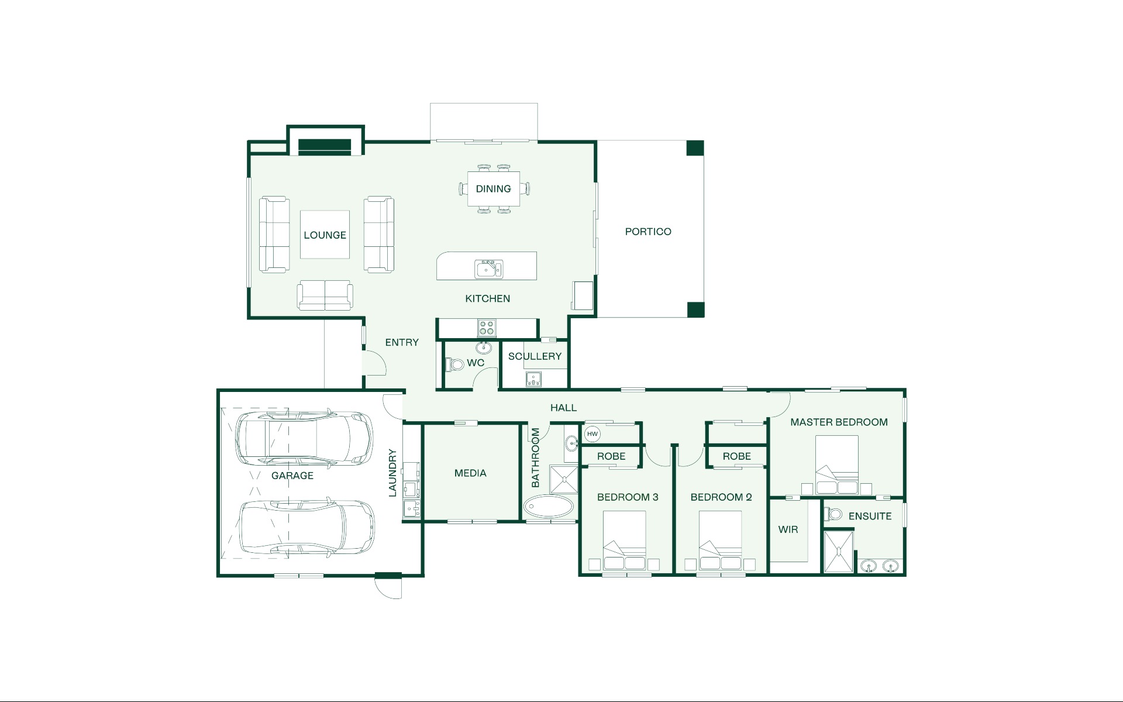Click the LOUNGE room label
click(325, 235)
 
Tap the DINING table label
click(493, 189)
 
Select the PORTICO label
click(648, 232)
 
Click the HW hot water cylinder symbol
click(592, 434)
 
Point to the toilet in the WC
click(454, 364)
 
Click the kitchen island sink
click(488, 269)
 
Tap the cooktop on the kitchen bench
click(487, 328)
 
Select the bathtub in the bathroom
click(550, 506)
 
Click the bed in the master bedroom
click(837, 465)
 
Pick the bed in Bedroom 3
click(624, 541)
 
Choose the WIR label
click(788, 529)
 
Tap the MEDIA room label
click(470, 473)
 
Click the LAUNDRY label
click(392, 473)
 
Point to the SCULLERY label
click(535, 356)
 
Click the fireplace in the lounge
click(325, 145)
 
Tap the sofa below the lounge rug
click(325, 295)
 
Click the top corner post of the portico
click(695, 148)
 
